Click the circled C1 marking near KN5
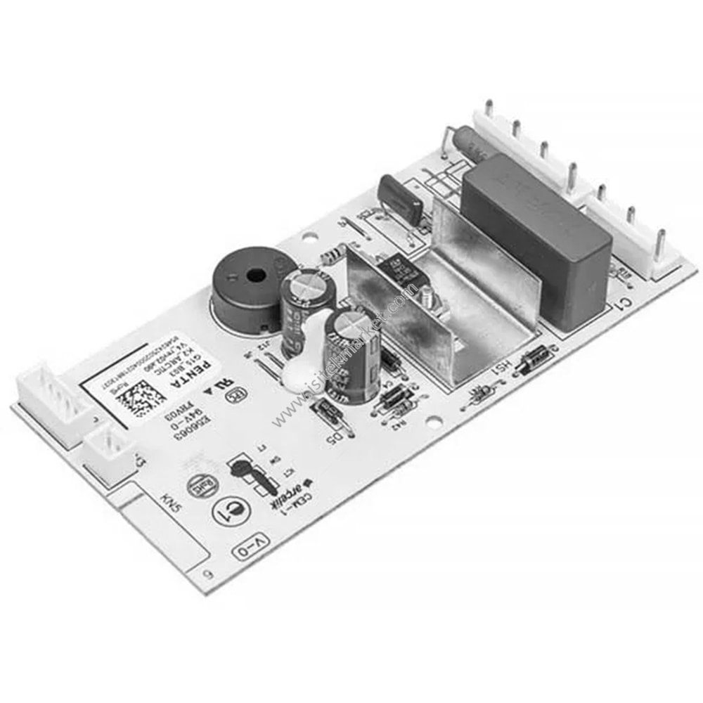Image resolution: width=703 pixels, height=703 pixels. click(227, 512)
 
